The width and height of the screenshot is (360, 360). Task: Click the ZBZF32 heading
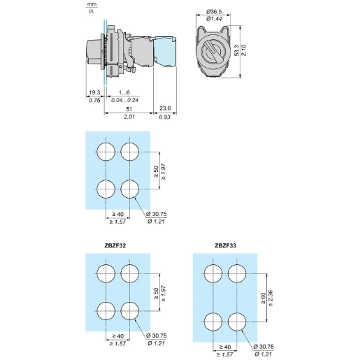pyautogui.click(x=115, y=245)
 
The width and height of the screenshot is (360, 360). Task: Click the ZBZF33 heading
pyautogui.click(x=225, y=245)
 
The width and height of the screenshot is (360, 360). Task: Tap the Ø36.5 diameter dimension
pyautogui.click(x=214, y=11)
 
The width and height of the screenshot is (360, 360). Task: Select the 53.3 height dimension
pyautogui.click(x=236, y=50)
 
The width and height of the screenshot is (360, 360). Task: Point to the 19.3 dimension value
pyautogui.click(x=94, y=92)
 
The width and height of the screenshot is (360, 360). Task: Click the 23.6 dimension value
pyautogui.click(x=165, y=108)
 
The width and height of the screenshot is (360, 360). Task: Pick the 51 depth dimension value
pyautogui.click(x=129, y=109)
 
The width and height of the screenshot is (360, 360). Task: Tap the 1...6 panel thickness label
pyautogui.click(x=124, y=92)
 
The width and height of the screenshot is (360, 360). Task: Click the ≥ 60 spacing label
pyautogui.click(x=263, y=298)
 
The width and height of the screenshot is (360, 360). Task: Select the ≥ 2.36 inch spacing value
pyautogui.click(x=271, y=298)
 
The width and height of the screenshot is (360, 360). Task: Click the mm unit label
pyautogui.click(x=92, y=5)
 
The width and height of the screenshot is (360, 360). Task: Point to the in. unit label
pyautogui.click(x=92, y=11)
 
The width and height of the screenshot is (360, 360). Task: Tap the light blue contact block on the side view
pyautogui.click(x=164, y=52)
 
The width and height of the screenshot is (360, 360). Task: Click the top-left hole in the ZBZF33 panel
pyautogui.click(x=213, y=273)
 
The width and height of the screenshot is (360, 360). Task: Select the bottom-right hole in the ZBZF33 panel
pyautogui.click(x=237, y=322)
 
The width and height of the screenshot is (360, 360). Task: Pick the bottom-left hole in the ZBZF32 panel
pyautogui.click(x=106, y=311)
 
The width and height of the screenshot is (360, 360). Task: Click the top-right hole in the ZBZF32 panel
pyautogui.click(x=130, y=273)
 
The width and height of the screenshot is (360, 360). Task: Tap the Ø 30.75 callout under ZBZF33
pyautogui.click(x=264, y=347)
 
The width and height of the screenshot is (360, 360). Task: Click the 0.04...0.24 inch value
pyautogui.click(x=124, y=100)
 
